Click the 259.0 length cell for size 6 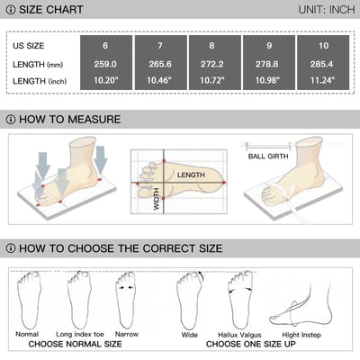click(105, 64)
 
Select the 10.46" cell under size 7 click(160, 80)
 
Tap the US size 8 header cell click(211, 46)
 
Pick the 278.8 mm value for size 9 click(266, 64)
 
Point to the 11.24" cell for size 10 click(322, 80)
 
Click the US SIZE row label click(29, 46)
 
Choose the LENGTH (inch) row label click(40, 81)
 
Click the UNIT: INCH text click(327, 10)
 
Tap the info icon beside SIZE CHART click(11, 10)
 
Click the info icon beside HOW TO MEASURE click(11, 120)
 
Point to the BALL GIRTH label click(268, 157)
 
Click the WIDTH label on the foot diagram click(157, 199)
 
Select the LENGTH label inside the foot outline click(191, 175)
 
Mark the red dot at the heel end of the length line click(224, 183)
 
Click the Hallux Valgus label click(239, 335)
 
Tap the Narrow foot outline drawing click(126, 300)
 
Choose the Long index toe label click(80, 334)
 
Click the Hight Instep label click(301, 335)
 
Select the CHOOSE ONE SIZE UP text click(251, 344)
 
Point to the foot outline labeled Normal click(29, 300)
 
